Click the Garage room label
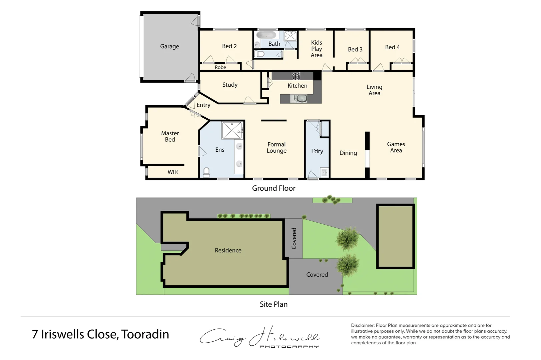tap(169, 46)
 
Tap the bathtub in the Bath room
tap(266, 35)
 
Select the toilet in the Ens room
tap(206, 172)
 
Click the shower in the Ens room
tap(232, 130)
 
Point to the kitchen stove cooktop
tap(296, 76)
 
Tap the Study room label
tap(230, 85)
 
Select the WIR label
tap(172, 172)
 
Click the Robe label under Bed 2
tap(220, 67)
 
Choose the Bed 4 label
tap(392, 47)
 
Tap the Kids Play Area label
tap(317, 49)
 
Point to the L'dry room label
tap(317, 151)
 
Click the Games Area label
tap(396, 147)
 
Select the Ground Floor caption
tap(274, 188)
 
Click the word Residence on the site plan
tap(228, 250)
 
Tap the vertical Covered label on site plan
tap(294, 238)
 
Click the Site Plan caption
tap(274, 304)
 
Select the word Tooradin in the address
tap(145, 334)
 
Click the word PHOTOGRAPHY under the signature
tap(289, 347)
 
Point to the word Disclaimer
tap(363, 325)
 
